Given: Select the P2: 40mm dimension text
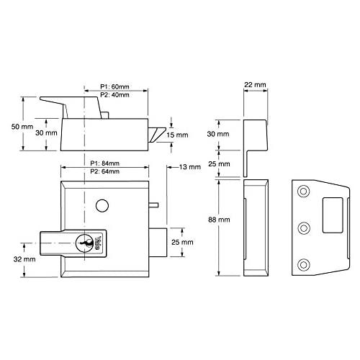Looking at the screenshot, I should [x=115, y=96].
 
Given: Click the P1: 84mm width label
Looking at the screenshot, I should [x=104, y=163].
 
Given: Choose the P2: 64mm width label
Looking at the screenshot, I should [x=104, y=172].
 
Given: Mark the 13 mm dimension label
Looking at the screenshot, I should [x=189, y=167].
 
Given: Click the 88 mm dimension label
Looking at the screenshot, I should [x=220, y=218].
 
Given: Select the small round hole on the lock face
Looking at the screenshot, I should [x=100, y=207].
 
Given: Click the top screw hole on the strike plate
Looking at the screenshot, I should [x=302, y=192].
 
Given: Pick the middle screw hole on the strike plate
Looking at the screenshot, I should [x=302, y=228].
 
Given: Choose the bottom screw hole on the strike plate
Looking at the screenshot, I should [x=302, y=265].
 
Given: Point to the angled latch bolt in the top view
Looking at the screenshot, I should [x=158, y=134].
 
